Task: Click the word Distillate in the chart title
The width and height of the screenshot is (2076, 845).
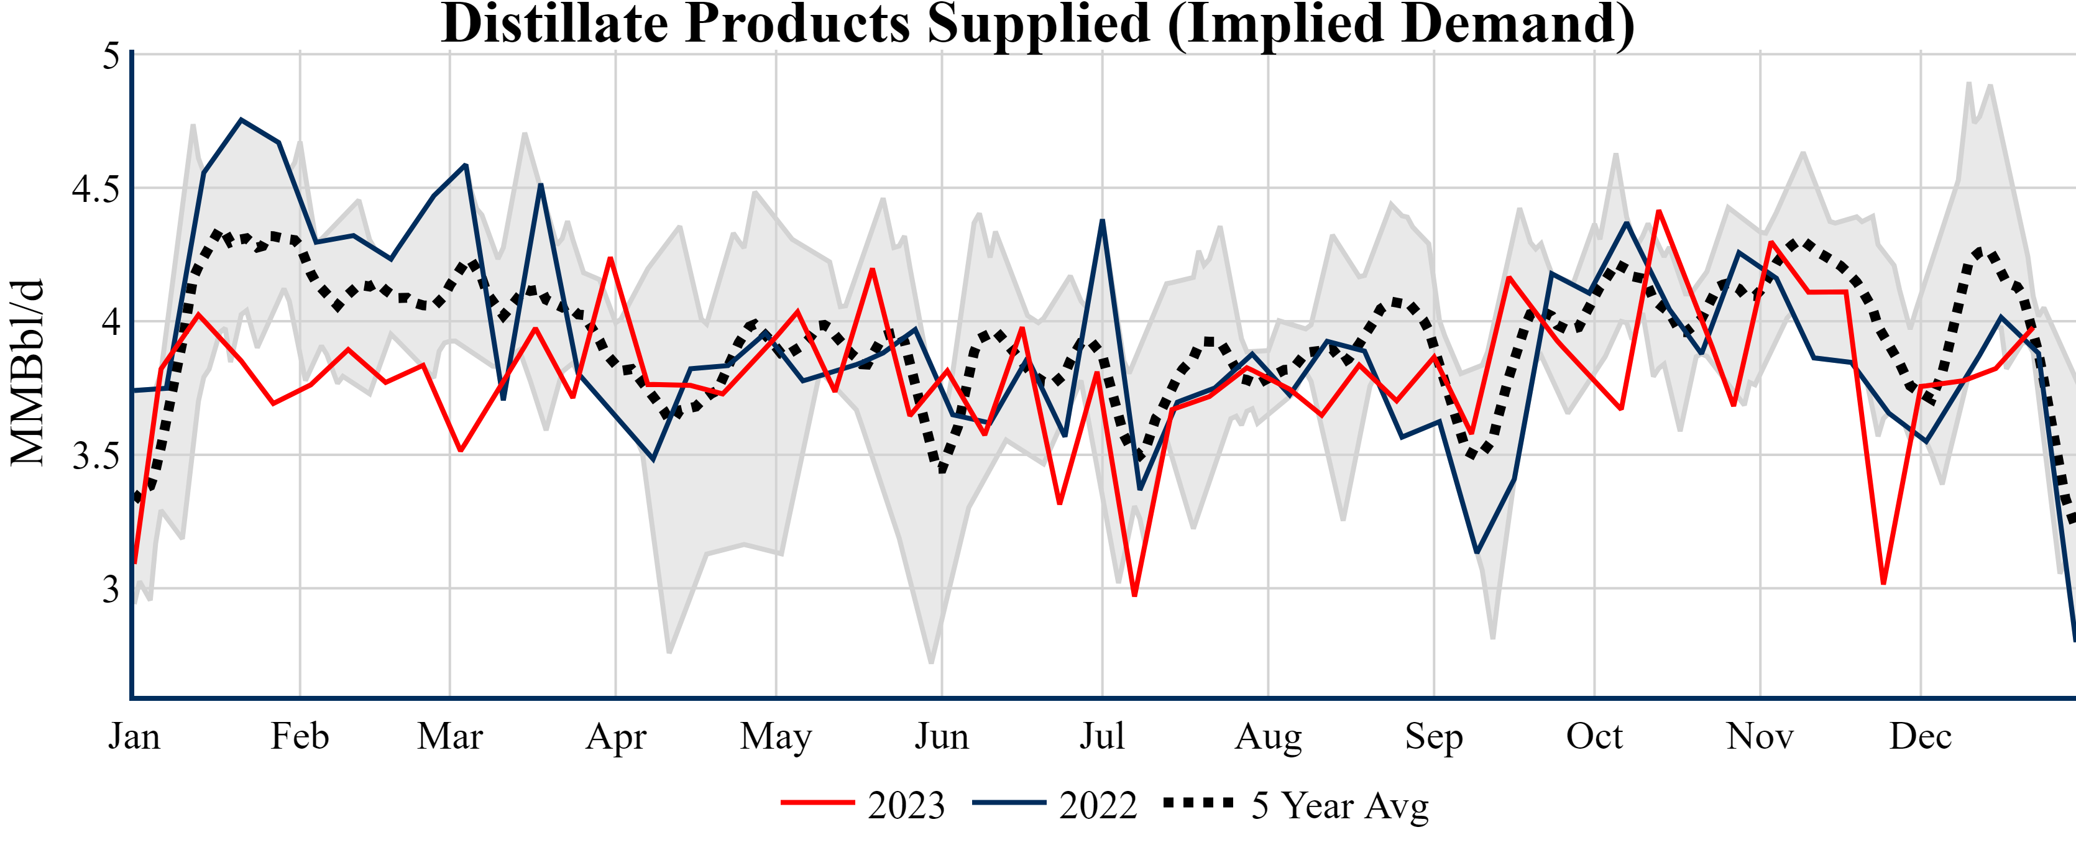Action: point(554,24)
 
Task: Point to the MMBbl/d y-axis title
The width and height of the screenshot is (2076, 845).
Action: point(27,373)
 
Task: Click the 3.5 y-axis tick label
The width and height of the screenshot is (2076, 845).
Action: point(95,456)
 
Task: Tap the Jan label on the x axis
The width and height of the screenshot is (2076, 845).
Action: point(134,736)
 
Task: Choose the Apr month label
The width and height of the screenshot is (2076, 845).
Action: point(616,736)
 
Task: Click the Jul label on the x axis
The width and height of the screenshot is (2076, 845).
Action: point(1101,736)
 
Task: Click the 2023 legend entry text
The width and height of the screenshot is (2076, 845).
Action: point(906,805)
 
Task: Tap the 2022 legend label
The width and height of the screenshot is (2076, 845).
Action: point(1098,805)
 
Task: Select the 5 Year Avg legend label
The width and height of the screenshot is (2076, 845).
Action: point(1339,805)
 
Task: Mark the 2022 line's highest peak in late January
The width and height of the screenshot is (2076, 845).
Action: point(241,120)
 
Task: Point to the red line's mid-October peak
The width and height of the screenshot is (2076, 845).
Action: point(1658,211)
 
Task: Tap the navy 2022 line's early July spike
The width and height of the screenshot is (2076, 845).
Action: point(1101,221)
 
